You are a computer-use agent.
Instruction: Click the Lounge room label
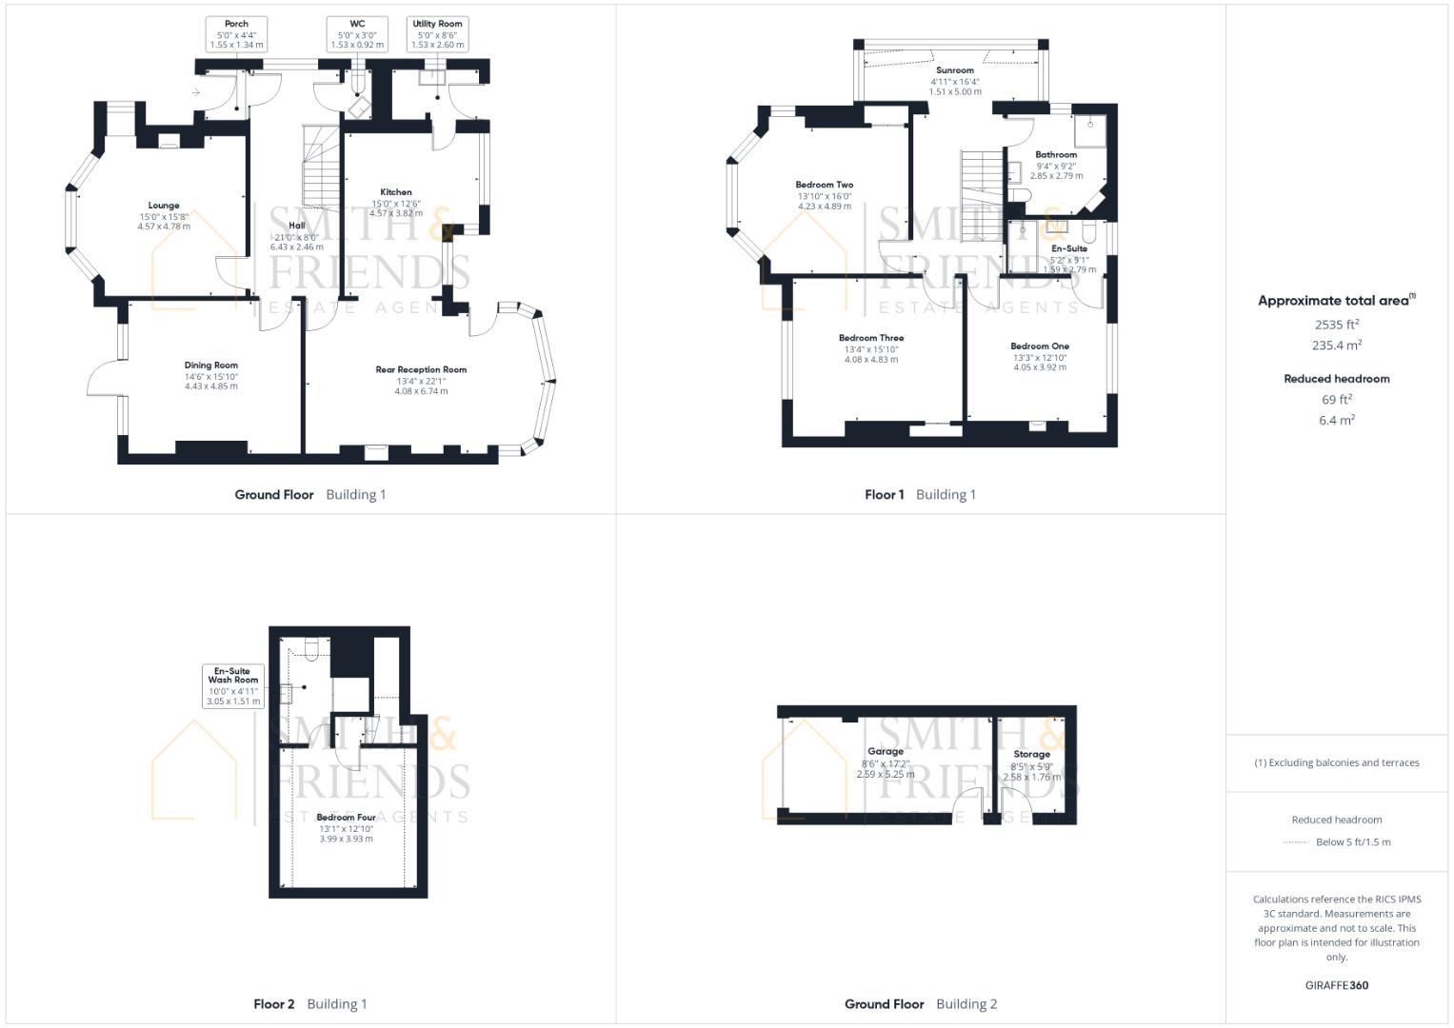164,206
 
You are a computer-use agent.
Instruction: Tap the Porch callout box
236,34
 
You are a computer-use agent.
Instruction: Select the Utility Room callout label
437,34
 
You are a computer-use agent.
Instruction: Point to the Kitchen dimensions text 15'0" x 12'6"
396,203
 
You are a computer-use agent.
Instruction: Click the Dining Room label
211,366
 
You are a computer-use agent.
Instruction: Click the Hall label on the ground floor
296,226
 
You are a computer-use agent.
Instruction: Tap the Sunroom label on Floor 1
954,70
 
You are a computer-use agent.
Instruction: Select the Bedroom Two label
825,185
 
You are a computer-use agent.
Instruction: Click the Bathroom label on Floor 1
1056,154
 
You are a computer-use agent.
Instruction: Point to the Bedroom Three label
871,338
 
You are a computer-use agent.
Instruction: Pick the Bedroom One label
1040,346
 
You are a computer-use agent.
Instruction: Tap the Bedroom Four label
346,818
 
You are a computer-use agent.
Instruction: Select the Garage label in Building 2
886,752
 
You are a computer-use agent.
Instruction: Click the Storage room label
1031,754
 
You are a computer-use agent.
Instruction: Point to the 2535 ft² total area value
1337,325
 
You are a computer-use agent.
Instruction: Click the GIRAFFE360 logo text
1337,985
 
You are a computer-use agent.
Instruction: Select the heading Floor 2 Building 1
310,1003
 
